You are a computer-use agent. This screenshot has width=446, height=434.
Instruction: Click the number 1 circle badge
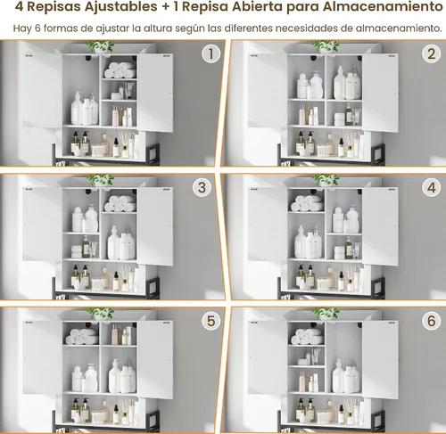point(211,54)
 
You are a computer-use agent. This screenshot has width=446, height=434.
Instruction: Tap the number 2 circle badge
point(431,54)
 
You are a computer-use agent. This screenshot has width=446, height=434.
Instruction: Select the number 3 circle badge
point(202,188)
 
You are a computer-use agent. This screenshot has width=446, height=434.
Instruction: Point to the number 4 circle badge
point(431,188)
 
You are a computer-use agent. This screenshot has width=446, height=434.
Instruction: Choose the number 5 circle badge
point(211,321)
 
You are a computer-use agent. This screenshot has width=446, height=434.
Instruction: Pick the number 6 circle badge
point(431,321)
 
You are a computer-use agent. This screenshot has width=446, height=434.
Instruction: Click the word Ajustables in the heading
point(121,7)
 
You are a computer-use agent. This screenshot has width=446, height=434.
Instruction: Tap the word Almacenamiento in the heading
point(383,6)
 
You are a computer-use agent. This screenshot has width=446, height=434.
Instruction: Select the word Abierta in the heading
point(257,6)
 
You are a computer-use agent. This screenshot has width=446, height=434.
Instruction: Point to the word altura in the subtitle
point(158,29)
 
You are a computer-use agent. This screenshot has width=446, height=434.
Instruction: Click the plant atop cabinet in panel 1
point(100,46)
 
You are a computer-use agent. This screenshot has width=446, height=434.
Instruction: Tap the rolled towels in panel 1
point(120,70)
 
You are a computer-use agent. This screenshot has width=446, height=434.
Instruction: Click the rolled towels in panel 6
point(307,337)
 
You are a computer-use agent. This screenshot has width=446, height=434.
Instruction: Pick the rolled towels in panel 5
point(82,337)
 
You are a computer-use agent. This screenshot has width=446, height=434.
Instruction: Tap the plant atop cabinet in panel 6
point(326,314)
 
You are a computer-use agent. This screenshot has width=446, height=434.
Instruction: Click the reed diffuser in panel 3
point(126,277)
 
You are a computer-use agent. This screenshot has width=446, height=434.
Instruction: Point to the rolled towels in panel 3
point(120,203)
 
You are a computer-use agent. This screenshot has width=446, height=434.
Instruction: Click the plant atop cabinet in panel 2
point(326,46)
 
